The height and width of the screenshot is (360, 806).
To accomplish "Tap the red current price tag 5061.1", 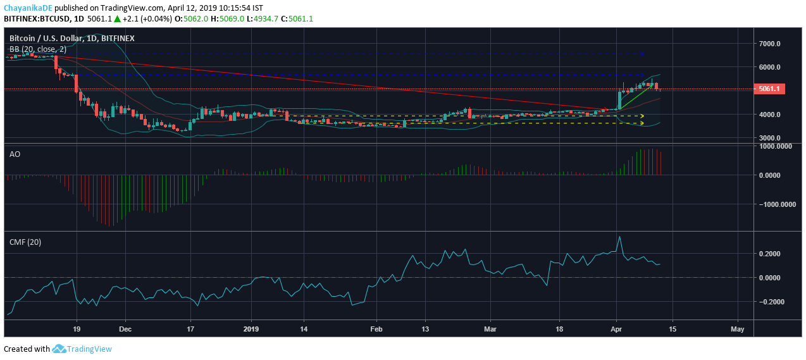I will click(x=770, y=89).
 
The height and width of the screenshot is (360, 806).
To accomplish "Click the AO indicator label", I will click(x=15, y=154).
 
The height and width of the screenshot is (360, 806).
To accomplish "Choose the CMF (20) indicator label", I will click(x=25, y=242).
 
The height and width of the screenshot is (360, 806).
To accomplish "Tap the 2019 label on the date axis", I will click(x=251, y=329).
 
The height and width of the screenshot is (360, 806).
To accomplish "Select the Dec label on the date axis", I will click(x=125, y=329).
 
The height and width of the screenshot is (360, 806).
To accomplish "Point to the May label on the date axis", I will click(x=737, y=329).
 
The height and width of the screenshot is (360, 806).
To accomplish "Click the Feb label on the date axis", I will click(x=376, y=329).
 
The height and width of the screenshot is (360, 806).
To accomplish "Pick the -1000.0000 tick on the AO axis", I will click(x=774, y=204).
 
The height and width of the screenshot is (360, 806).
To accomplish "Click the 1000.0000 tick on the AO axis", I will click(x=776, y=146).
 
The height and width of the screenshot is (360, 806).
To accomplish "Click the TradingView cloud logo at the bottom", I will click(x=59, y=349).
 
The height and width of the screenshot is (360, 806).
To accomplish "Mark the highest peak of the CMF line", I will click(x=619, y=237).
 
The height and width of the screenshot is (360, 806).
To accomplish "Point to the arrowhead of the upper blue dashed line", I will click(x=642, y=54).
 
